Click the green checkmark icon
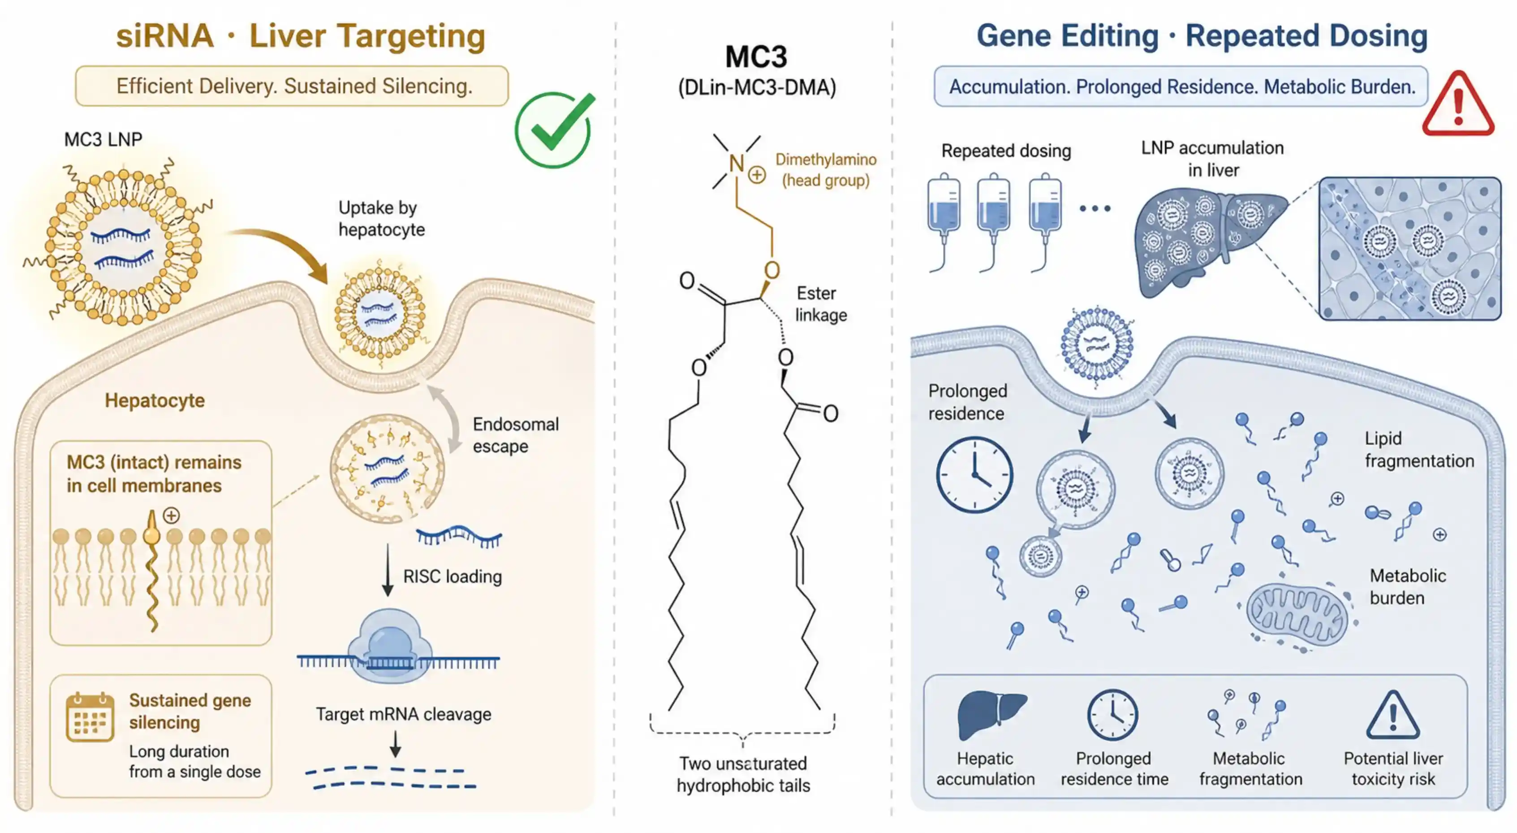pos(554,130)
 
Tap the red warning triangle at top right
pos(1458,105)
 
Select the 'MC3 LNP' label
pos(103,139)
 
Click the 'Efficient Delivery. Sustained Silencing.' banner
pos(292,86)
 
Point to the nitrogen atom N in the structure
pos(736,163)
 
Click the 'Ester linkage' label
pos(821,304)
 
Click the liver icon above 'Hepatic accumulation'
pos(992,715)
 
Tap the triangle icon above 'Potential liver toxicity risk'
pos(1393,715)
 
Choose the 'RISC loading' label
pos(452,576)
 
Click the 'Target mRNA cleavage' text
pos(403,714)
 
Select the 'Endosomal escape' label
pos(515,435)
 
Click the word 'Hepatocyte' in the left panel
pos(155,401)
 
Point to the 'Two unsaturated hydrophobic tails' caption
pos(743,774)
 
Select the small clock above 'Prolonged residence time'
pos(1112,715)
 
